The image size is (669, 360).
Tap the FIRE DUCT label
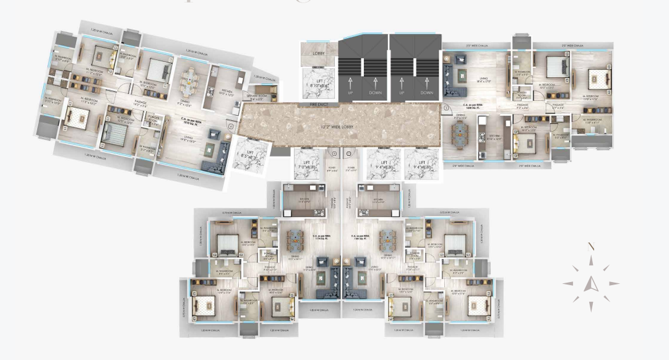[318, 105]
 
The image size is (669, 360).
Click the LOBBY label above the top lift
[319, 53]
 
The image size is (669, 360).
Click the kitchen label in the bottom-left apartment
[306, 201]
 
